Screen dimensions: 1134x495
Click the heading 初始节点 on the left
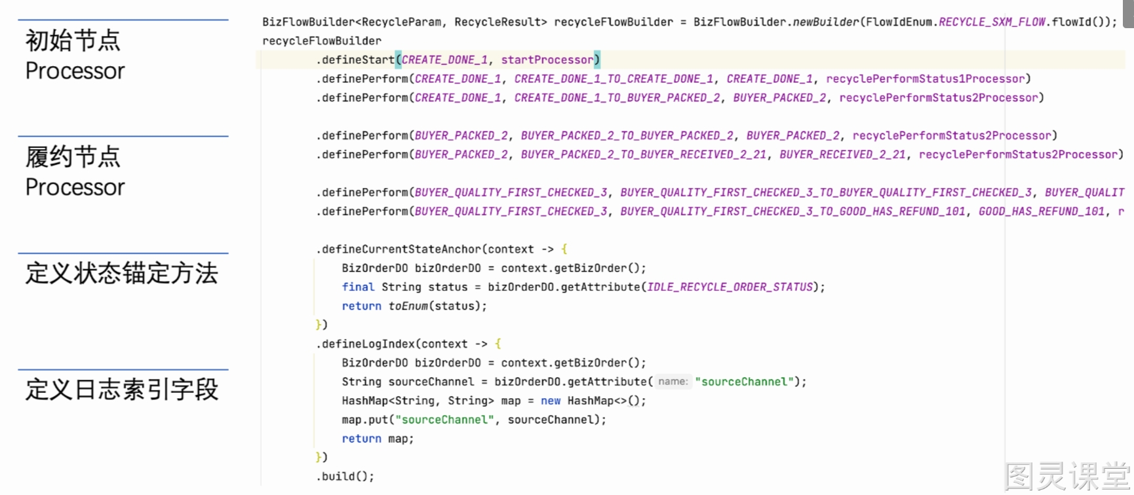(x=73, y=41)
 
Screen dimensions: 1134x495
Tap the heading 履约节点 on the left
(x=73, y=157)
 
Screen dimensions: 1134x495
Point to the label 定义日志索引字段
(x=121, y=390)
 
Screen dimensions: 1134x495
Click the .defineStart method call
(x=356, y=60)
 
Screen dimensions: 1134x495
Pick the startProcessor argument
(x=547, y=60)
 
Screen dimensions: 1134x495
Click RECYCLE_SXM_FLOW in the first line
(x=992, y=22)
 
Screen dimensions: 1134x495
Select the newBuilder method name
(x=826, y=22)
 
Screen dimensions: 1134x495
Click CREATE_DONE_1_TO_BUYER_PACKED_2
(x=617, y=98)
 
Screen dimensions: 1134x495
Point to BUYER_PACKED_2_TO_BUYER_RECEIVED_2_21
(x=643, y=155)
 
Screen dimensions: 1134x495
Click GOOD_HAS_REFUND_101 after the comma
(x=1042, y=211)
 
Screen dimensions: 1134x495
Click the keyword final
(x=358, y=287)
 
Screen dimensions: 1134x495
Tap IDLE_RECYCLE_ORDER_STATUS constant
(x=730, y=287)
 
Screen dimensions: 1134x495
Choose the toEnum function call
(x=408, y=306)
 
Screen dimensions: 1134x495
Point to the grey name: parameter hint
(x=673, y=382)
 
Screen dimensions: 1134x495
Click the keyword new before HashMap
(x=551, y=401)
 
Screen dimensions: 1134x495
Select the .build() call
(x=345, y=477)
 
